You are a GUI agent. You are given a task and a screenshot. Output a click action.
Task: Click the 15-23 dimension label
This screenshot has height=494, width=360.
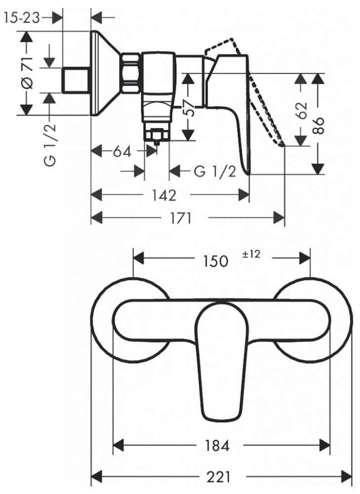point(22,18)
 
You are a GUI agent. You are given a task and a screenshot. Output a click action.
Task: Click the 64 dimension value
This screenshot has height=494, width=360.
point(122,152)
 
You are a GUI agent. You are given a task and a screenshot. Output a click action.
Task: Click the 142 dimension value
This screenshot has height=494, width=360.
point(164,195)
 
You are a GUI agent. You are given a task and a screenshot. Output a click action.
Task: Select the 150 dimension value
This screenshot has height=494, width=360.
point(215,261)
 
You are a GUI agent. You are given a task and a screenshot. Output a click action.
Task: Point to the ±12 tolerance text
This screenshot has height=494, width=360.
point(251,254)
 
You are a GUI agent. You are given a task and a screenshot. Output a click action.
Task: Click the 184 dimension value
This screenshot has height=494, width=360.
point(217,445)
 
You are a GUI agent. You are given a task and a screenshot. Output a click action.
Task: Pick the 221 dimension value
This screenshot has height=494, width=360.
point(218,477)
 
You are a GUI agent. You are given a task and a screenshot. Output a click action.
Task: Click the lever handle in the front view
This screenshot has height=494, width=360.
point(220,362)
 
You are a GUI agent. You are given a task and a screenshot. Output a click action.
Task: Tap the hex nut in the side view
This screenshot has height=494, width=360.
point(130,73)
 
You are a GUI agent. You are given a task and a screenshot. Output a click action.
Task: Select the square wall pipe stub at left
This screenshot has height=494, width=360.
point(76,81)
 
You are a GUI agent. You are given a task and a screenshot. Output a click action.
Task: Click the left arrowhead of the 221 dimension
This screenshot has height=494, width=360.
point(96,477)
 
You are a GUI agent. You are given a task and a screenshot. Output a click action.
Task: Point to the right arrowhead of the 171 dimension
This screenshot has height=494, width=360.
point(279,218)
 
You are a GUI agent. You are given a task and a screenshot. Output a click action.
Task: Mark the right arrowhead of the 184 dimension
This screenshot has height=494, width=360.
point(325,445)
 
